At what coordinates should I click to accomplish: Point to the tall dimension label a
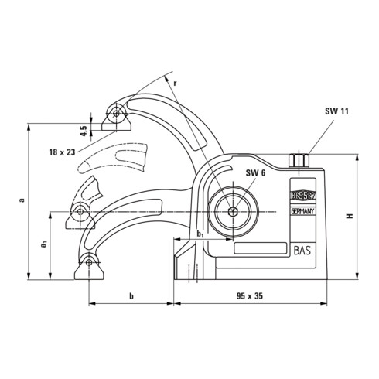point(22,200)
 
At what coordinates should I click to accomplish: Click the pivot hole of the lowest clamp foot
point(90,263)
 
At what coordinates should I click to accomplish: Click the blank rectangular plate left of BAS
point(257,250)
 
